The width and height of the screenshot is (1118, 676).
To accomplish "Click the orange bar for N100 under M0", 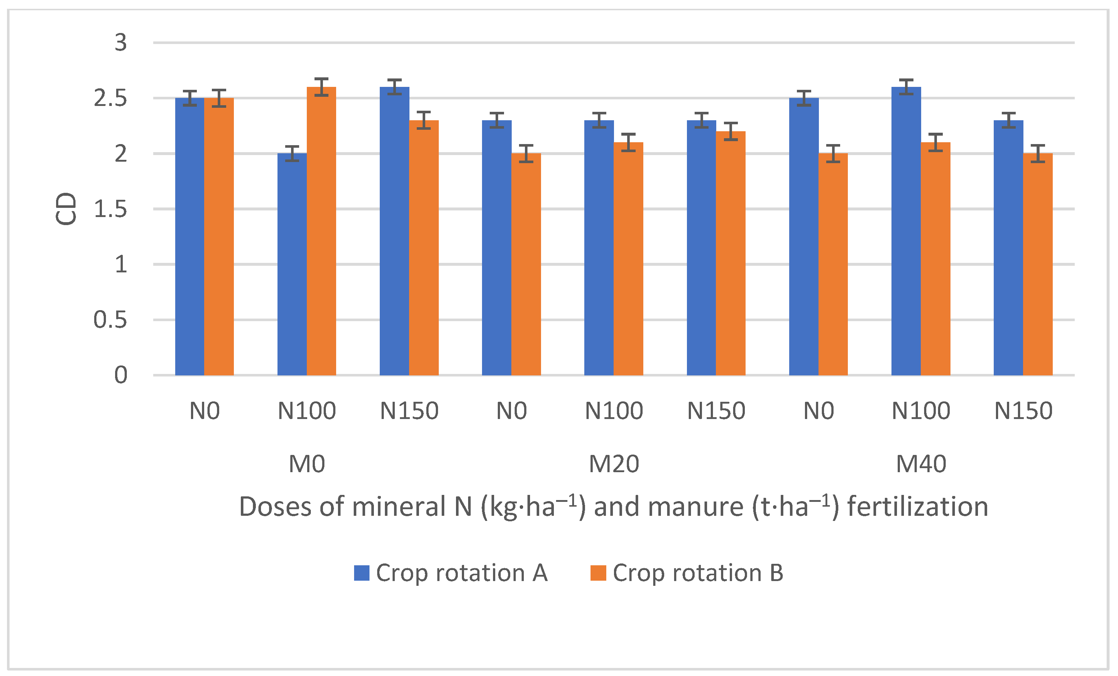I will (321, 231).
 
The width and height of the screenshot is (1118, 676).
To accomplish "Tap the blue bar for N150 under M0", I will (394, 231).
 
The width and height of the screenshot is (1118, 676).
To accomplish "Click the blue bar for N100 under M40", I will (906, 231).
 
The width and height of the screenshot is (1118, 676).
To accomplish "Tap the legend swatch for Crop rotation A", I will (362, 573).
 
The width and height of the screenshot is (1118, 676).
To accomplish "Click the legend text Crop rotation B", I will (698, 573).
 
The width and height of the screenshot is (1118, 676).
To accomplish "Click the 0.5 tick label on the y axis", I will (110, 320).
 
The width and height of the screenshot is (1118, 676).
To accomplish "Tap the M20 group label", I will (614, 464).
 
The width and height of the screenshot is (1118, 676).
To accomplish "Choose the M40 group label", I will (921, 464).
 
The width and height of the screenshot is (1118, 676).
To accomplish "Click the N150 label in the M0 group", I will (409, 411).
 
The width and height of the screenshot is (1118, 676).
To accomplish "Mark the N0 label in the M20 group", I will (511, 411).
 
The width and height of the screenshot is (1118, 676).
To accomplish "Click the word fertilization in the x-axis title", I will (917, 507).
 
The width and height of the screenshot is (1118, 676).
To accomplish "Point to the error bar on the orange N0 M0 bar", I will (219, 98).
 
